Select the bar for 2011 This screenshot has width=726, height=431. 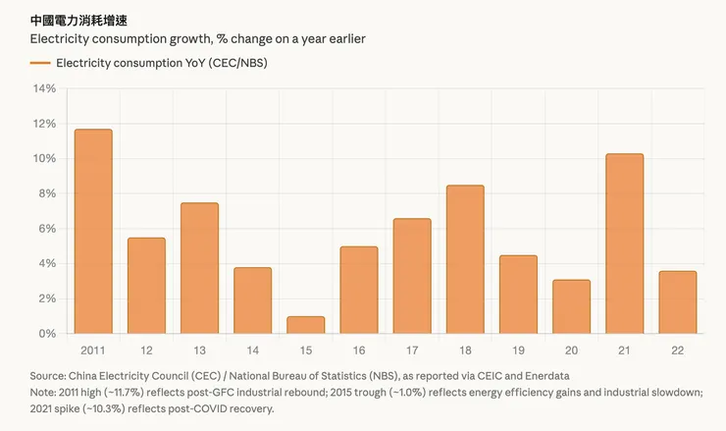pyautogui.click(x=93, y=232)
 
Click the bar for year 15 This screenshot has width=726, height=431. pyautogui.click(x=305, y=325)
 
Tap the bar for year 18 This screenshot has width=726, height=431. pyautogui.click(x=465, y=259)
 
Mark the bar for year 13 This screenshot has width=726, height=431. pyautogui.click(x=199, y=268)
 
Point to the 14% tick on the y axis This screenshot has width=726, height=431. pyautogui.click(x=45, y=88)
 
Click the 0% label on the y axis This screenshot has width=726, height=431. pyautogui.click(x=48, y=334)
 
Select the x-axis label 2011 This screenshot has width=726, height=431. pyautogui.click(x=93, y=350)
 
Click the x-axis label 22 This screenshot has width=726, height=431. pyautogui.click(x=677, y=350)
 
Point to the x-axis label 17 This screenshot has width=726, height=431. pyautogui.click(x=411, y=350)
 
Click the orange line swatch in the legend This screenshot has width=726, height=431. pyautogui.click(x=40, y=63)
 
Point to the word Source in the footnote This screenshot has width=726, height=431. pyautogui.click(x=48, y=376)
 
